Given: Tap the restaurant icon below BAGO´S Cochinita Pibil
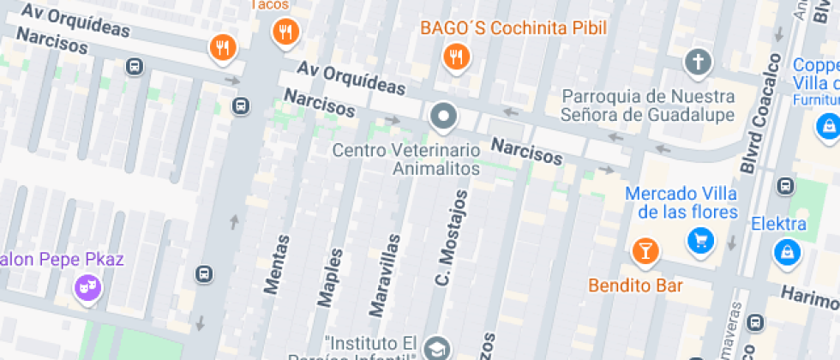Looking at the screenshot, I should (x=456, y=57).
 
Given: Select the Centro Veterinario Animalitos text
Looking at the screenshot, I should (x=406, y=159).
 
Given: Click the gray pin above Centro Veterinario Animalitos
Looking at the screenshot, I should (x=443, y=115).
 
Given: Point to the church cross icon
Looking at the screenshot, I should (x=698, y=62).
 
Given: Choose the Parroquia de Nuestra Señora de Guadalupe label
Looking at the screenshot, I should (x=648, y=105).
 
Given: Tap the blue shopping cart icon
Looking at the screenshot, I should (x=701, y=240).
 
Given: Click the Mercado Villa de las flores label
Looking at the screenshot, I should (x=681, y=202).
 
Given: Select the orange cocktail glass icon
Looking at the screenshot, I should (x=645, y=252).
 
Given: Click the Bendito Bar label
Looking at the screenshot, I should (x=636, y=285).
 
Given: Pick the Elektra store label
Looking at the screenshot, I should (x=778, y=225).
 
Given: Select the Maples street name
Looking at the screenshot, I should (x=330, y=276).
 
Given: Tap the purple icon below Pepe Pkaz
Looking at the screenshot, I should (x=87, y=287).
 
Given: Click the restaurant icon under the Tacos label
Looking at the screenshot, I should (x=285, y=33).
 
